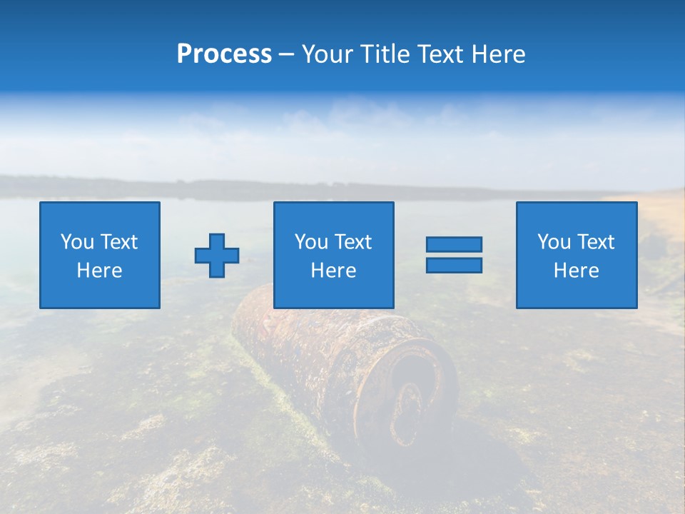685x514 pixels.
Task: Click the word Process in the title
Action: (x=224, y=54)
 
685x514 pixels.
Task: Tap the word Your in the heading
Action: (x=329, y=54)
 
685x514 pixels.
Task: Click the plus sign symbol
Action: (x=217, y=256)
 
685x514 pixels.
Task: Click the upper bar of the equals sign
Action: (x=454, y=244)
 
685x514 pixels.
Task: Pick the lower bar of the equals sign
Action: (x=454, y=265)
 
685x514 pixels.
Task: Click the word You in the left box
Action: (x=77, y=242)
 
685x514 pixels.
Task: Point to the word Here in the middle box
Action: (x=333, y=271)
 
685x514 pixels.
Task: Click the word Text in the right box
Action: (x=594, y=242)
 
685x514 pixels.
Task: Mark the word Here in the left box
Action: (x=99, y=271)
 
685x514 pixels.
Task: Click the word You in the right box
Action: (x=554, y=242)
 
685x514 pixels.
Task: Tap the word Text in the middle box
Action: (x=352, y=242)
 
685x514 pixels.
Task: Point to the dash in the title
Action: (x=286, y=55)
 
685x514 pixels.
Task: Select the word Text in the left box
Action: (x=118, y=242)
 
